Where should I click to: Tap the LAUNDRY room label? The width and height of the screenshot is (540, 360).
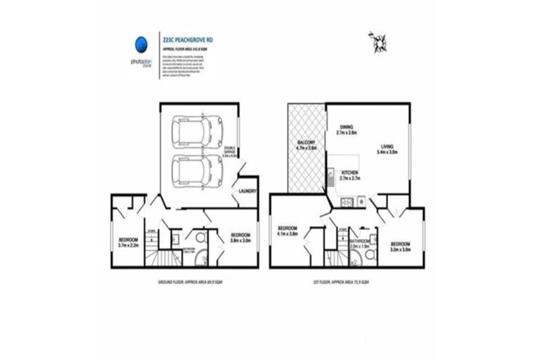click(x=247, y=191)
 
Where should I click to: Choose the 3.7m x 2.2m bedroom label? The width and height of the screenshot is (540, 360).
click(x=130, y=243)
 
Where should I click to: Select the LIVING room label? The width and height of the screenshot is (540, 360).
click(x=388, y=148)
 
